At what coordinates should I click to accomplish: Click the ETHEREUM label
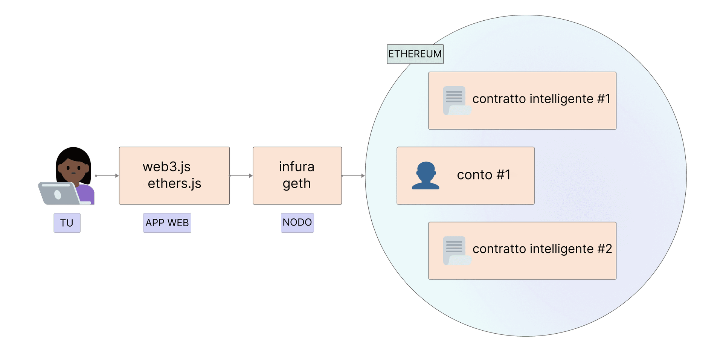click(415, 54)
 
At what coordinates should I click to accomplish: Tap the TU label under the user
click(67, 223)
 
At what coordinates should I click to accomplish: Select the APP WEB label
click(167, 223)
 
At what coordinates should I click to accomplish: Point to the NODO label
click(297, 223)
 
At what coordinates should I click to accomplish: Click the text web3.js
click(166, 166)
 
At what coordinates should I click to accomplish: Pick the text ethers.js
click(174, 183)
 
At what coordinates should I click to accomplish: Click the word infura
click(297, 166)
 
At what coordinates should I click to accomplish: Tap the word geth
click(297, 184)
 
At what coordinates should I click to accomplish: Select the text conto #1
click(484, 175)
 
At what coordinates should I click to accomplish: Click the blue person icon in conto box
click(426, 175)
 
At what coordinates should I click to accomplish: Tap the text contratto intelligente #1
click(541, 99)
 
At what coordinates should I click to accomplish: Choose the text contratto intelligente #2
click(542, 249)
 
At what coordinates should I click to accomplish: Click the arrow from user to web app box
click(107, 176)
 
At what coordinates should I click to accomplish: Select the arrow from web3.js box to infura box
click(241, 176)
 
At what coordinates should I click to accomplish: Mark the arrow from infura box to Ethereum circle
click(353, 176)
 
